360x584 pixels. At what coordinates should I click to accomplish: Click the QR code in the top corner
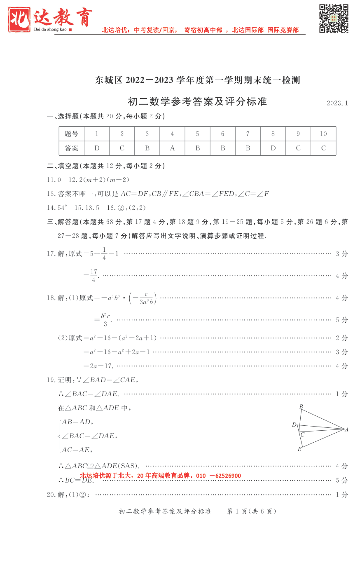pos(334,19)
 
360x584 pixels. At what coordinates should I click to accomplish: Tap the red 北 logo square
pos(19,19)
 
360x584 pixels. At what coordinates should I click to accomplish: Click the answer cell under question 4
pos(172,148)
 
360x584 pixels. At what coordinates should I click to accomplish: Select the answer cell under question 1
pos(97,148)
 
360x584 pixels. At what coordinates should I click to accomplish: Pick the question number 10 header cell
pos(323,134)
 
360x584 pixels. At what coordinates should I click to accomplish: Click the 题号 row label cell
pos(72,134)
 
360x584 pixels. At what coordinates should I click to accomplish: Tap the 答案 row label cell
pos(72,148)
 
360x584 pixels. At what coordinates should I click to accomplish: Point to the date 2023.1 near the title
pos(337,103)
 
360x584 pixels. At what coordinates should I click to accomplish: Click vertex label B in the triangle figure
pos(301,407)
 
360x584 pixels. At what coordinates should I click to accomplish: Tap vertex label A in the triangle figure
pos(346,429)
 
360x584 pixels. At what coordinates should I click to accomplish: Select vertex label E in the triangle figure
pos(299,449)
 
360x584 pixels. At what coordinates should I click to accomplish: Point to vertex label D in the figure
pos(294,425)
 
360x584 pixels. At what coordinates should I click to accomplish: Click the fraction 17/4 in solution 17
pos(94,276)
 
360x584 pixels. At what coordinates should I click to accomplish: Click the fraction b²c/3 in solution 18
pos(105,320)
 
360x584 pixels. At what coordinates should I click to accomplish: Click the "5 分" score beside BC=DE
pos(341,480)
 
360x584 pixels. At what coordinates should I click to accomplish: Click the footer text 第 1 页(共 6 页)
pos(252,511)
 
